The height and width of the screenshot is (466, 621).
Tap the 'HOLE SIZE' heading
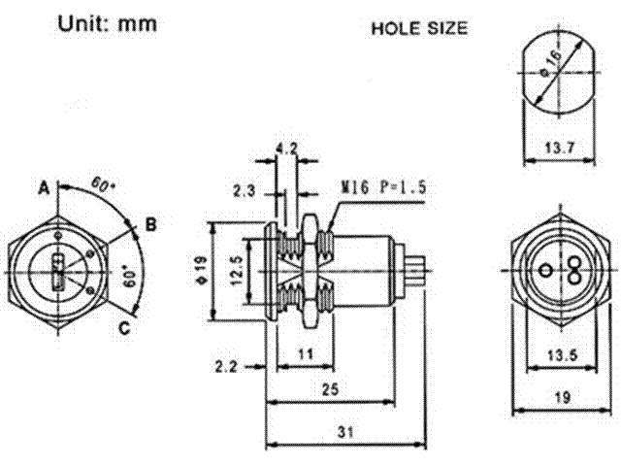click(x=420, y=29)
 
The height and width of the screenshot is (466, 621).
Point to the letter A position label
click(x=44, y=185)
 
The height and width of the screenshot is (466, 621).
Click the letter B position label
click(x=150, y=225)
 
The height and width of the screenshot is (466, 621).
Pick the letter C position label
click(x=124, y=328)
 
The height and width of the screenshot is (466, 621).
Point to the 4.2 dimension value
click(x=286, y=150)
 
